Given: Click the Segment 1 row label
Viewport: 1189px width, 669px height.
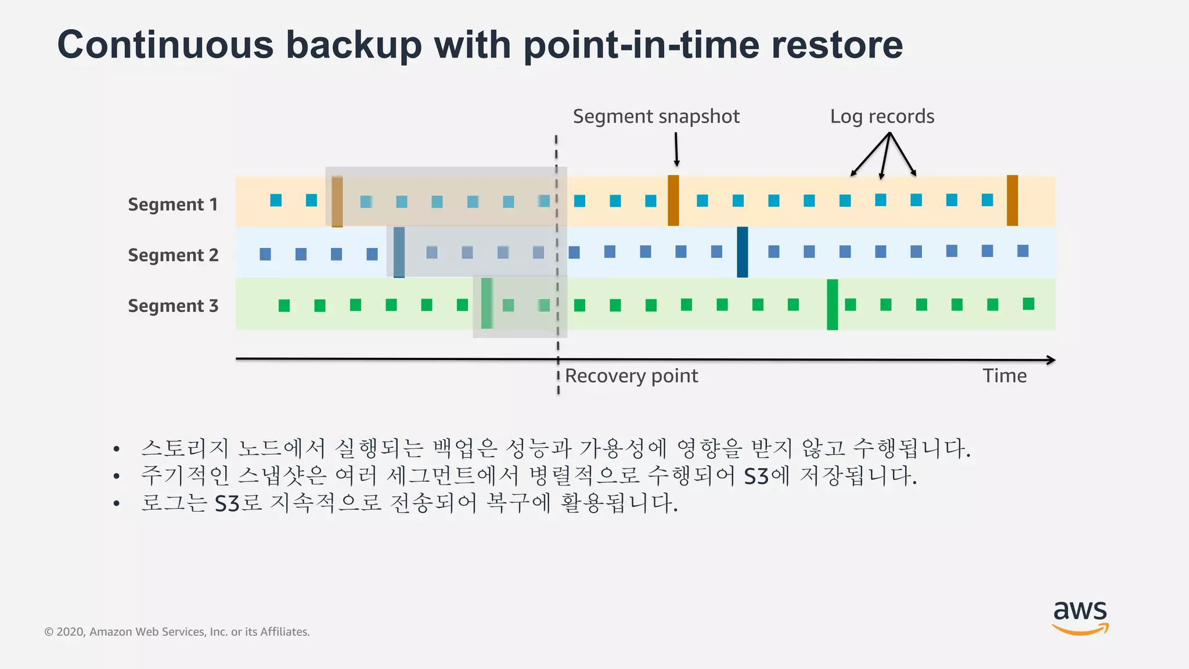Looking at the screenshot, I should pos(172,204).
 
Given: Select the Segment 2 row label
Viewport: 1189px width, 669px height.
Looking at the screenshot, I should pos(173,255).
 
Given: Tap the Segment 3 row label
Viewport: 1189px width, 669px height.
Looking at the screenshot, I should pos(173,305).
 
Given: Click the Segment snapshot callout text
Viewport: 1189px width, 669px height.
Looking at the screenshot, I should pos(656,117).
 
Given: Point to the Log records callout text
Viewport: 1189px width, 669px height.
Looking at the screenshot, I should pos(882,117).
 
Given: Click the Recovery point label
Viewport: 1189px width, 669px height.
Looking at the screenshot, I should pos(631,376).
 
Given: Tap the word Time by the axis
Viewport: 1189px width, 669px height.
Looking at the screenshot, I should pos(1004,376).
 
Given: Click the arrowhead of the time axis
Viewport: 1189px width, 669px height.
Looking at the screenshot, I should pos(1051,360).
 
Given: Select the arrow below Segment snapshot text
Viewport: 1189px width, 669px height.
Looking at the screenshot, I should pos(676,149).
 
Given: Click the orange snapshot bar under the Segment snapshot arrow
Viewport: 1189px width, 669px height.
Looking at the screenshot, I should pos(673,200).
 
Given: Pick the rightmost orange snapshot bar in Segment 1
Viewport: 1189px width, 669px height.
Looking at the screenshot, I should pos(1012,200).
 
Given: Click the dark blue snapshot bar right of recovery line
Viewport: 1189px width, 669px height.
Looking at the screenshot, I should pos(742,252).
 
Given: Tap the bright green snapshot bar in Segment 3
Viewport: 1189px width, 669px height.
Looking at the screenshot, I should pos(832,304).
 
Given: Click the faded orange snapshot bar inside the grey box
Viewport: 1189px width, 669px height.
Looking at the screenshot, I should pos(337,202).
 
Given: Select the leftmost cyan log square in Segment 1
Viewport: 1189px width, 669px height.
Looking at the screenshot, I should pos(276,200).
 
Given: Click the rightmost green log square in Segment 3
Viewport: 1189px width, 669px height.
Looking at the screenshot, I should pos(1028,304).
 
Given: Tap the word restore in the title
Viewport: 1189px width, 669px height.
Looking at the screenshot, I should pos(837,45).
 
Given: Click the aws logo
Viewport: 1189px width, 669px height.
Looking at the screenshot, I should pos(1080,617).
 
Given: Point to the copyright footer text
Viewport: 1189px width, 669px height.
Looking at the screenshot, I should pos(177,632).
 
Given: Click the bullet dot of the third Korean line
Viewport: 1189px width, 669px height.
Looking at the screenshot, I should pos(117,503).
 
